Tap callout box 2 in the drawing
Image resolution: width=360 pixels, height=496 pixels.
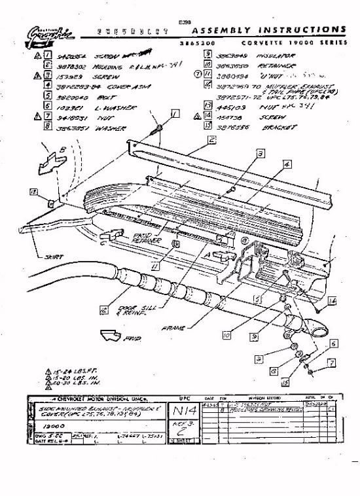tap(213, 139)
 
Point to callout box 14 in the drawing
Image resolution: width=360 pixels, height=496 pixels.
tap(333, 300)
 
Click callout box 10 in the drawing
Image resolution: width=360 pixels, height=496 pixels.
tap(226, 334)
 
